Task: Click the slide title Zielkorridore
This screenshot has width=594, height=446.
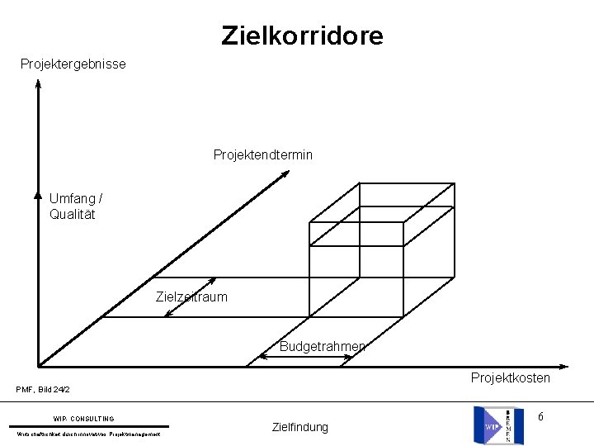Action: (302, 36)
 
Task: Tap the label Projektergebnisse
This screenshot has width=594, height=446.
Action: (73, 64)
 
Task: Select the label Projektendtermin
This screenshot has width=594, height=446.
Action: (263, 154)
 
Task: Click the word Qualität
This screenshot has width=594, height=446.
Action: (73, 215)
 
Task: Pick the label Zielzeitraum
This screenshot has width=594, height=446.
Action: (191, 297)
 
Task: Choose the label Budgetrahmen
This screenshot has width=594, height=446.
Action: (322, 346)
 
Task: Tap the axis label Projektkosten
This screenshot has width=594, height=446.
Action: (511, 377)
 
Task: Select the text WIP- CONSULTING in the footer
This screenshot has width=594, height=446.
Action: (84, 419)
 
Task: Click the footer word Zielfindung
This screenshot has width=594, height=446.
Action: (299, 427)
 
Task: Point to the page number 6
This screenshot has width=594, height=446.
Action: (540, 417)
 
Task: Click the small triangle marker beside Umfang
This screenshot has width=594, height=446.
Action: (38, 196)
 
